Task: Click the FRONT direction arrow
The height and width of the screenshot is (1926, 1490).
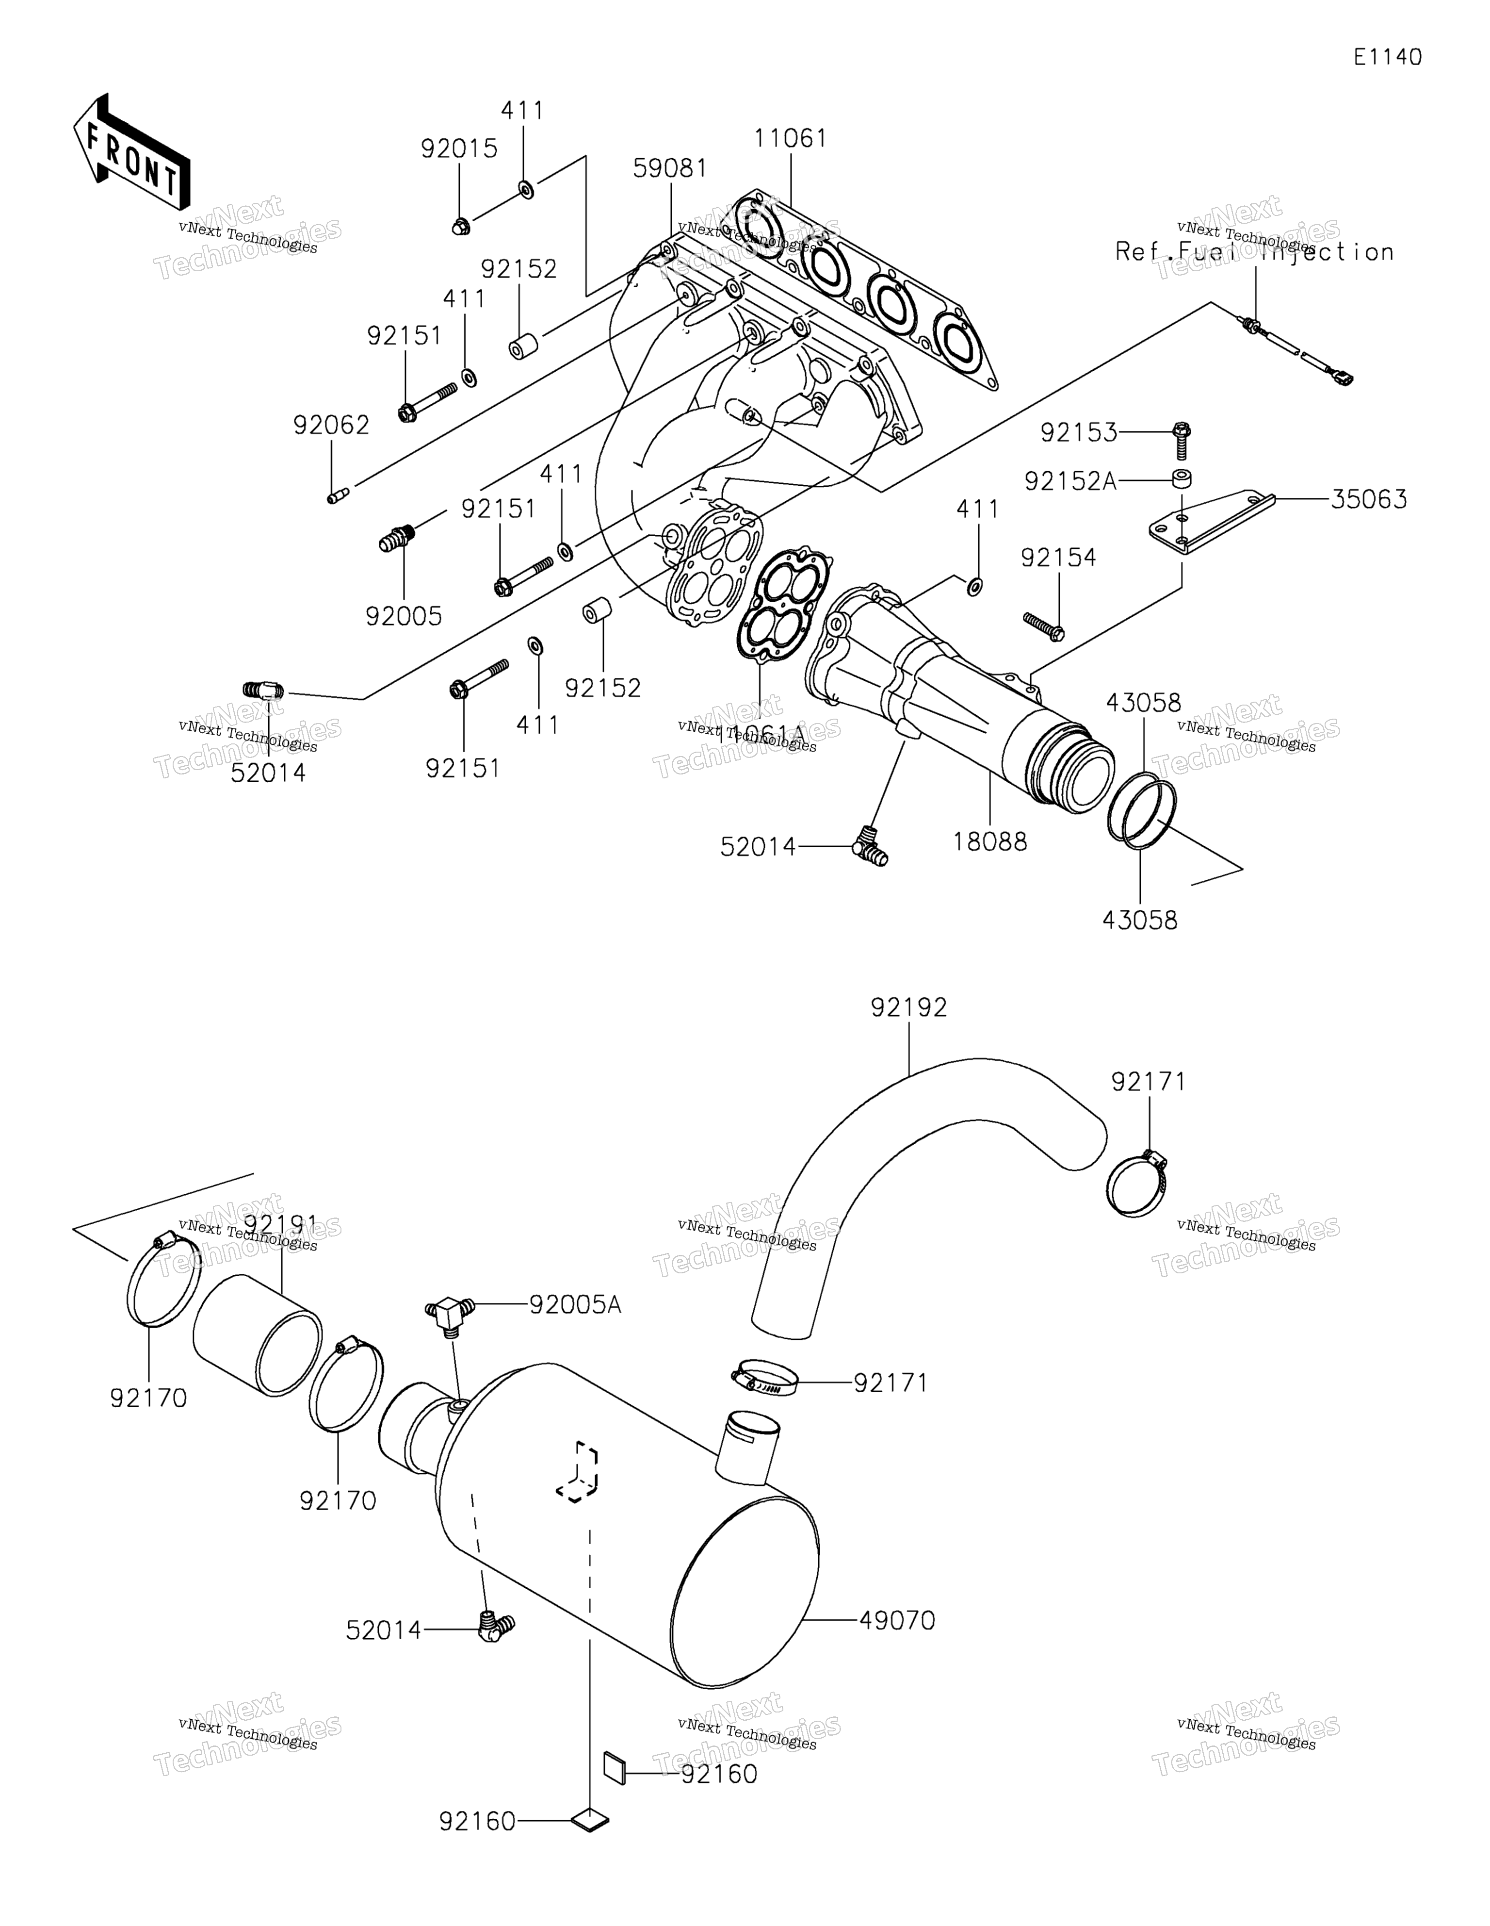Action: tap(130, 152)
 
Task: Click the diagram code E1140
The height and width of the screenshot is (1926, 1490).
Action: tap(1388, 57)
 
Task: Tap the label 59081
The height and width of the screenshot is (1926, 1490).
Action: tap(670, 168)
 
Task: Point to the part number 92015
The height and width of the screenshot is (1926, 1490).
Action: tap(458, 148)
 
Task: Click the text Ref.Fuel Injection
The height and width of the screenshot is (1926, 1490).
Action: tap(1254, 252)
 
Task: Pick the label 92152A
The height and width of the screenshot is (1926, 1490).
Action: tap(1069, 481)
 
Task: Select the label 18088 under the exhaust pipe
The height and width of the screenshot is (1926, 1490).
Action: tap(989, 842)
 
